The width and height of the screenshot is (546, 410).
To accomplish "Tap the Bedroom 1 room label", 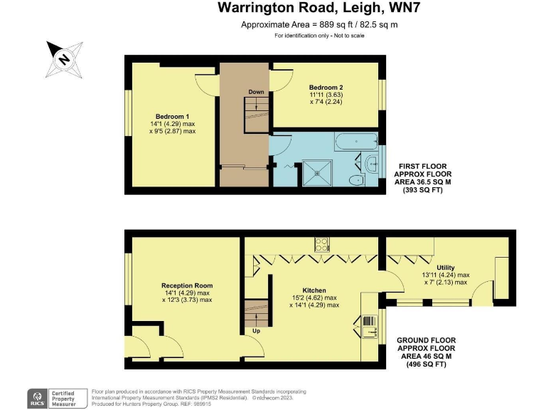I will pos(173,116).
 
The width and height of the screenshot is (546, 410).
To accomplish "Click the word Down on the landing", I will pos(257,92).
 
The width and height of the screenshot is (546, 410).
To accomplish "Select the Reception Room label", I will pos(187,285).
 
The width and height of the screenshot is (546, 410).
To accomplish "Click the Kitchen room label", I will pos(314,290).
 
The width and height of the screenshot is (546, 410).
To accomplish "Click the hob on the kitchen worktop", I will pos(322,244).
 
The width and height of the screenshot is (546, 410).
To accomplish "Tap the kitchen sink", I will pos(370,328).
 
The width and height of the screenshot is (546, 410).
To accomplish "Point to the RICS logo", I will pos(37,396).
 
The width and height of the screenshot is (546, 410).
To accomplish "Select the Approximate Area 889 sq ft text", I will pos(318,25).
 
